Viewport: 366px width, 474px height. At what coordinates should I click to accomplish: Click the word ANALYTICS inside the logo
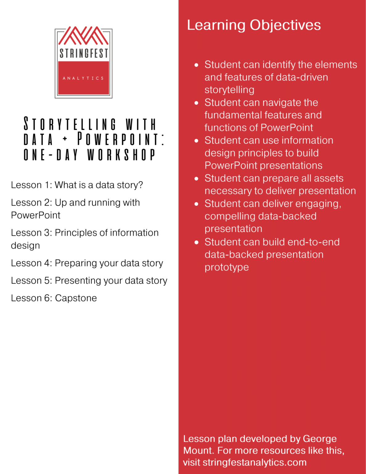tap(83, 78)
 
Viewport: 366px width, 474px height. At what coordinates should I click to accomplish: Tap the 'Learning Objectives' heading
tap(254, 25)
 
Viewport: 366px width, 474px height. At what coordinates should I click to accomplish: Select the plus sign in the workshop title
tap(65, 139)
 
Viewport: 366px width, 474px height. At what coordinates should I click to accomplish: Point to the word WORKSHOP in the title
tap(121, 155)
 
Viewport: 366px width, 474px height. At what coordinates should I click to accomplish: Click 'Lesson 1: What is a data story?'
tap(77, 185)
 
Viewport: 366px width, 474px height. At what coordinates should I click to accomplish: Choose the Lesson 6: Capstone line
tap(54, 298)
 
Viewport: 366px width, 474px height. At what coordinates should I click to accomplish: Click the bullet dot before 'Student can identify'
tap(196, 65)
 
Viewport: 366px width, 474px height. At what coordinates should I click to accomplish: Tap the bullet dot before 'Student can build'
tap(196, 243)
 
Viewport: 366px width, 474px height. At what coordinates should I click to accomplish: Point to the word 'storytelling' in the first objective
tap(229, 90)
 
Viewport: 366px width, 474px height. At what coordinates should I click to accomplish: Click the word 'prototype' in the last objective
tap(227, 267)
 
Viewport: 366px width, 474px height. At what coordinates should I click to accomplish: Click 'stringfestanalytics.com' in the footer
tap(255, 462)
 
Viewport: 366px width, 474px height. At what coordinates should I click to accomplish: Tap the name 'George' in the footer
tap(320, 439)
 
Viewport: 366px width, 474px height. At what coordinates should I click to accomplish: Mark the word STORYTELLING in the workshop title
tap(70, 124)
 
